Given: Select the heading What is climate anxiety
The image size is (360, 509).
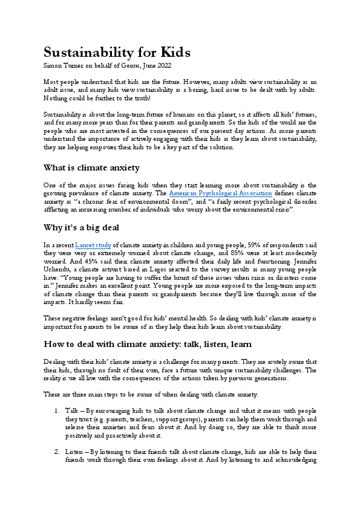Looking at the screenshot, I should [x=92, y=167].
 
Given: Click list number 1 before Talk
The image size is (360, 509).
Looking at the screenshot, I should [x=55, y=410].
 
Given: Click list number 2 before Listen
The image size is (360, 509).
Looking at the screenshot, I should [x=55, y=451].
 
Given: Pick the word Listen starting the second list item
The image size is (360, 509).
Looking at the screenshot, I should [x=74, y=451].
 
